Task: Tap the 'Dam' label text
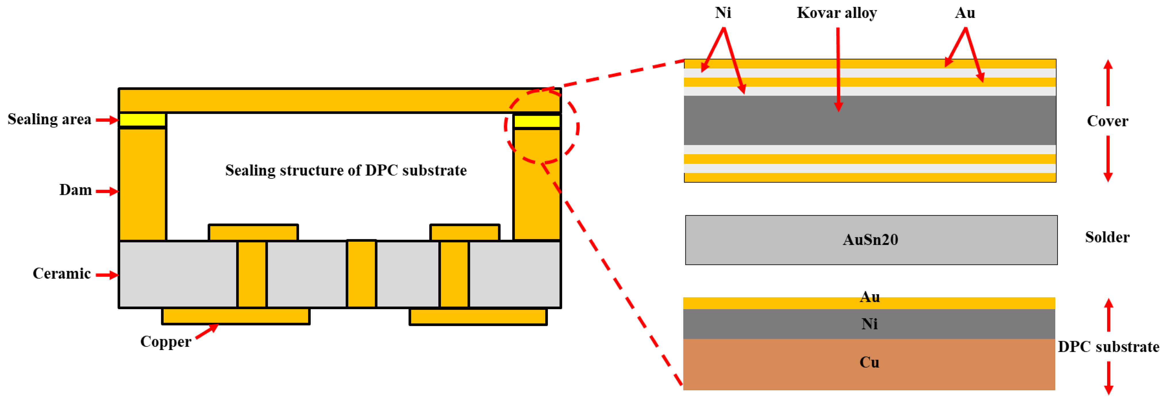[x=75, y=190]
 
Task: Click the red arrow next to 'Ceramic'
[x=107, y=275]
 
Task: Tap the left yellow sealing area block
[x=142, y=120]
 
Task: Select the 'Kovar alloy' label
[x=836, y=13]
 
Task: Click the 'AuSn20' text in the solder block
[x=870, y=240]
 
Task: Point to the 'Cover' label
[x=1107, y=121]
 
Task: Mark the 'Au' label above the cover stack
[x=965, y=13]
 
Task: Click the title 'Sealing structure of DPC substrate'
[x=346, y=170]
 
